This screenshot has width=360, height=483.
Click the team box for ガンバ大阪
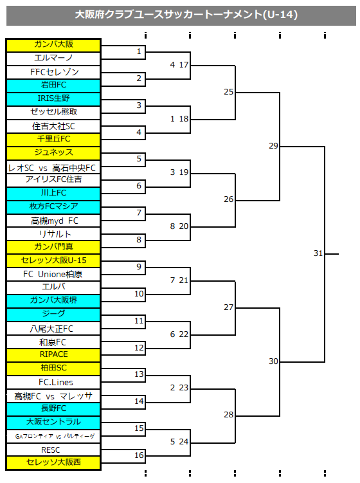pos(53,45)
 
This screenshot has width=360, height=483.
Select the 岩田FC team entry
pos(53,86)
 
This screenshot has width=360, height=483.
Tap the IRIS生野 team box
pos(53,99)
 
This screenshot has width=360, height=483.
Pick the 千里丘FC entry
pos(53,140)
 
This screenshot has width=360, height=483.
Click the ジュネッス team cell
pos(53,153)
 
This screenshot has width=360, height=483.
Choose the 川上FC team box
pos(53,194)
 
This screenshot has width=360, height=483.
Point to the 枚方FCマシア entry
pos(53,207)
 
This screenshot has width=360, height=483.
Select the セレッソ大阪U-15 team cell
pos(53,261)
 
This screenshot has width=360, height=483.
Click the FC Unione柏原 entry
pos(53,274)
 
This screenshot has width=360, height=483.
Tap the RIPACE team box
pos(53,355)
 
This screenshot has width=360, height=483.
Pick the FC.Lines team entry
pos(53,382)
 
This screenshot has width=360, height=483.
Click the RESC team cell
pos(53,450)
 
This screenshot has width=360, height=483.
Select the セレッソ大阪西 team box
pos(53,462)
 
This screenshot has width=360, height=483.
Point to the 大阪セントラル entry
pos(53,423)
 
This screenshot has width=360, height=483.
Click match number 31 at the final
pos(318,253)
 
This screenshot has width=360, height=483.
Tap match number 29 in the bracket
pos(273,146)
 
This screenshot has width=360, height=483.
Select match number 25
pos(228,92)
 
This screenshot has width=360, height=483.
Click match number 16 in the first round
pos(139,455)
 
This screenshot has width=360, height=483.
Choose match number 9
pos(139,266)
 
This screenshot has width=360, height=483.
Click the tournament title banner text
pos(186,15)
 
